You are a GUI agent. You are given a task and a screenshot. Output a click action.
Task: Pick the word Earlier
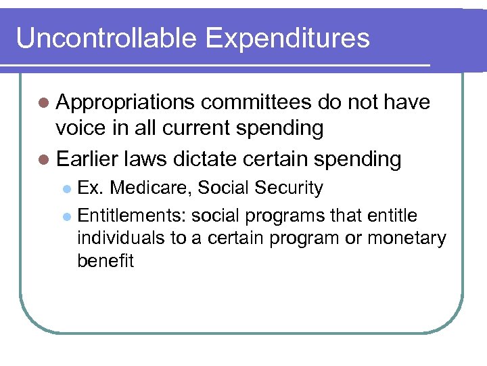88,159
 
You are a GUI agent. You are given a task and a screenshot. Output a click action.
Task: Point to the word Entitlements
132,216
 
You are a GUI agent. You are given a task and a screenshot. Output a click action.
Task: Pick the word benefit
106,261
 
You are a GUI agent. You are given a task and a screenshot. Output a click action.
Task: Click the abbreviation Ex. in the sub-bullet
91,188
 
